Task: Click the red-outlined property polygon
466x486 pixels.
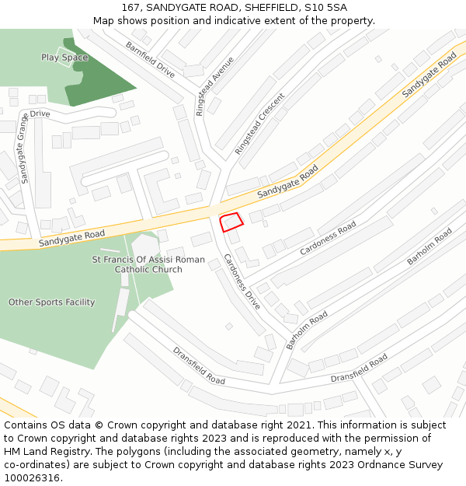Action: pos(231,222)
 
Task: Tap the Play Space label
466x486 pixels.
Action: pos(64,58)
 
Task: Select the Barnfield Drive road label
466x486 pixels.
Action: pos(150,59)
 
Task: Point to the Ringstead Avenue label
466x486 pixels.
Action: pos(214,86)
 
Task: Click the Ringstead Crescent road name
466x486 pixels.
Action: pos(259,123)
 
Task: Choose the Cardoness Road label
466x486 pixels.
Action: pos(328,238)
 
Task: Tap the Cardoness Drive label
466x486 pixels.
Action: pos(242,281)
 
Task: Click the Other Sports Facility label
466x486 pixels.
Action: pos(51,302)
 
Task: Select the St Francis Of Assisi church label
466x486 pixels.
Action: pos(148,264)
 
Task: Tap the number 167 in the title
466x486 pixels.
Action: pos(131,8)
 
